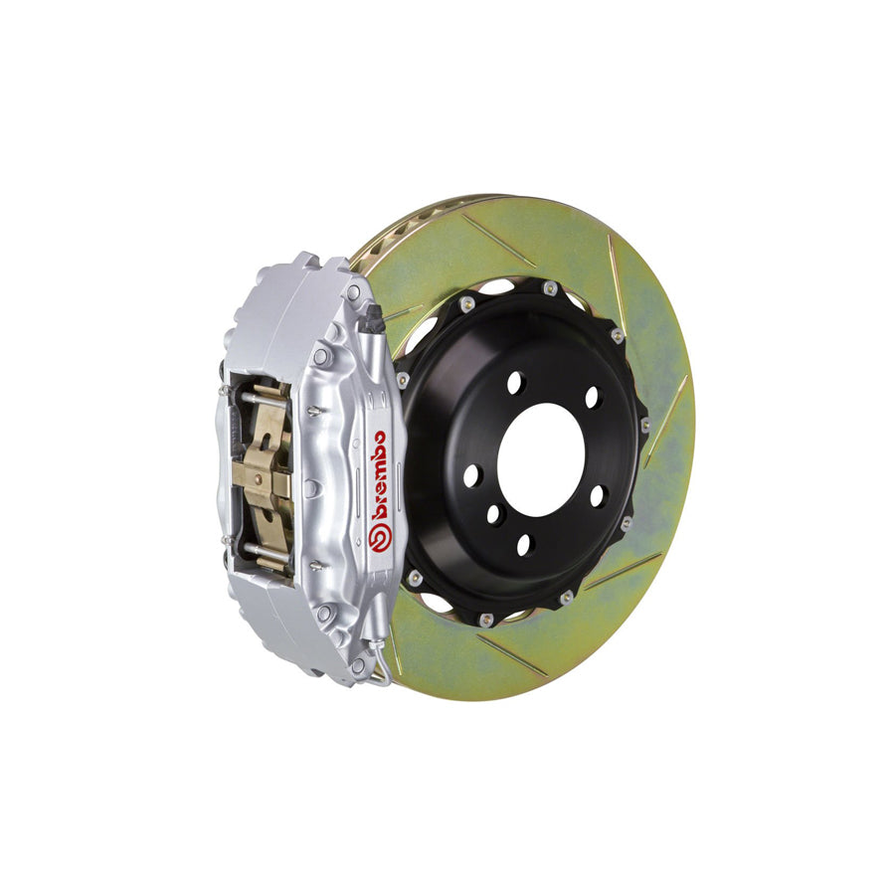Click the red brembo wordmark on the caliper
tap(379, 475)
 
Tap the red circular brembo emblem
tap(378, 538)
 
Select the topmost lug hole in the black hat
tap(514, 382)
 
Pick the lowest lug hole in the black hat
tap(525, 543)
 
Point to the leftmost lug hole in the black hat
tap(471, 475)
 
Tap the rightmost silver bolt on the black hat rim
tap(645, 425)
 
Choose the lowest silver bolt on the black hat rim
tap(486, 619)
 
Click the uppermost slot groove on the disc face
tap(497, 239)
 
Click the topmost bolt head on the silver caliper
tap(353, 292)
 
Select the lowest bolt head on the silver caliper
tap(357, 664)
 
